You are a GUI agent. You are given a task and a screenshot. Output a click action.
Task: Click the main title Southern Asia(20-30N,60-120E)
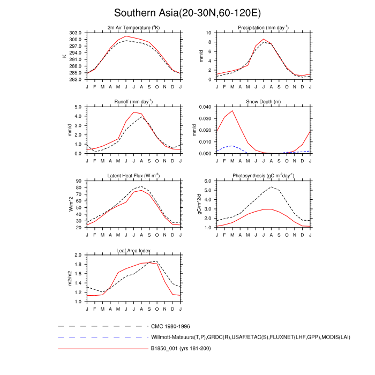point(187,13)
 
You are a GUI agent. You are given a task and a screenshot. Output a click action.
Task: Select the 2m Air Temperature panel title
point(133,28)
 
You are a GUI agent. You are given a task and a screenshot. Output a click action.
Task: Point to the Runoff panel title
point(133,102)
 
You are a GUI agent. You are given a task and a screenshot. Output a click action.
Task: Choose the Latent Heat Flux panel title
point(133,176)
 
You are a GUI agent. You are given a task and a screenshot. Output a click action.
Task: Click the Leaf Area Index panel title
point(133,250)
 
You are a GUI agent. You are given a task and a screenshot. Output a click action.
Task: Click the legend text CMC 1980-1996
point(170,326)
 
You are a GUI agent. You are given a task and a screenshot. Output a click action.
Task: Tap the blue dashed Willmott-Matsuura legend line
point(102,337)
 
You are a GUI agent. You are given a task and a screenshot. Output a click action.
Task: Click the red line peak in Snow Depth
point(232,111)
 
